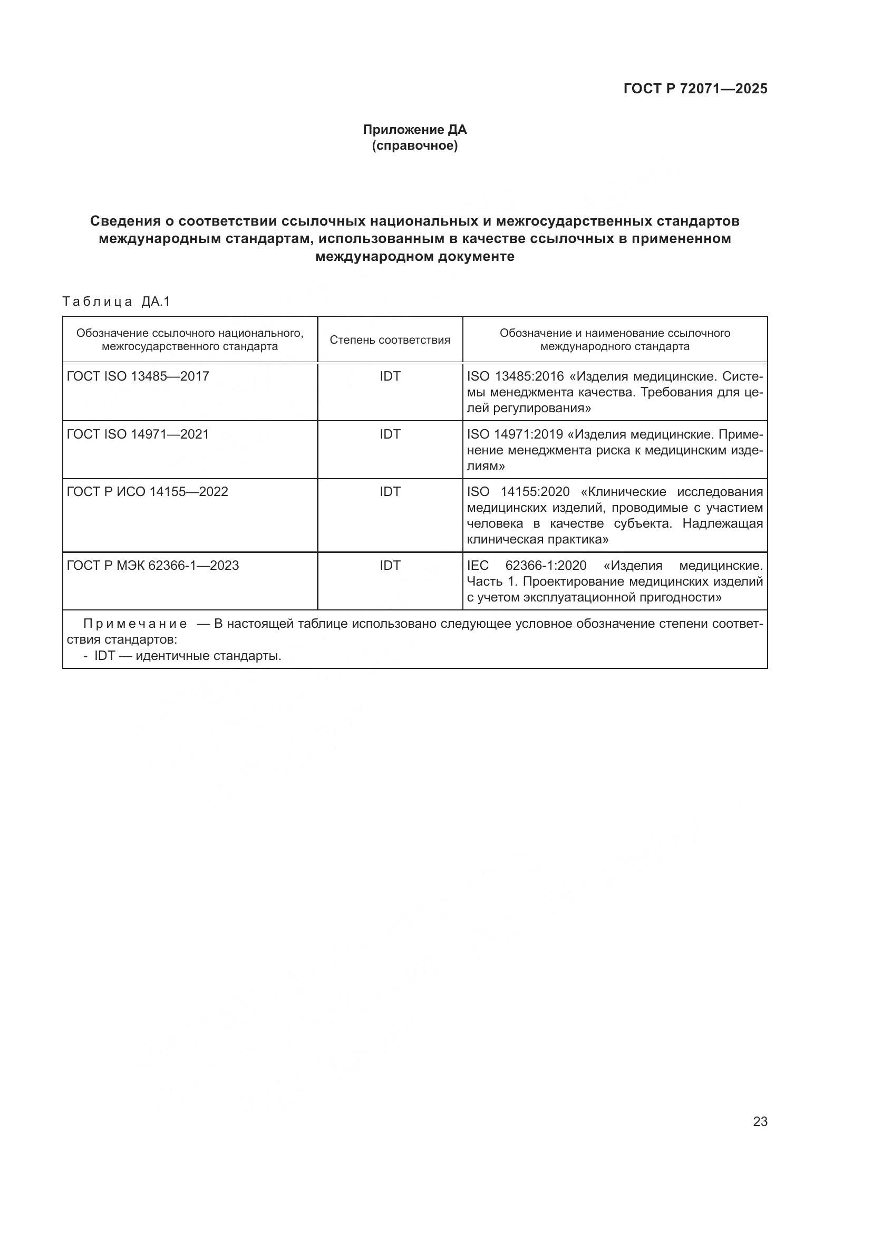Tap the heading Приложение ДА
point(414,130)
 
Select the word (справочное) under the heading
point(414,145)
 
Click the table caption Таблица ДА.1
point(116,302)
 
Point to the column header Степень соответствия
point(390,340)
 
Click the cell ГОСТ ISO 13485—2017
point(138,376)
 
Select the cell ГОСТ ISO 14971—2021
point(138,434)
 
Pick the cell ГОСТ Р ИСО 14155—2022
point(147,492)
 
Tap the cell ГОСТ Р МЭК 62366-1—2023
point(152,566)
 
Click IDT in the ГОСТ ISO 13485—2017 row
point(390,376)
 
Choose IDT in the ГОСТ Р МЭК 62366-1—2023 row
point(390,566)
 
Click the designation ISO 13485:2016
point(515,376)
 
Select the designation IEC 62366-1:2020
point(526,566)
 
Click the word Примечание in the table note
point(135,624)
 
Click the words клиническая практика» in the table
point(537,540)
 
